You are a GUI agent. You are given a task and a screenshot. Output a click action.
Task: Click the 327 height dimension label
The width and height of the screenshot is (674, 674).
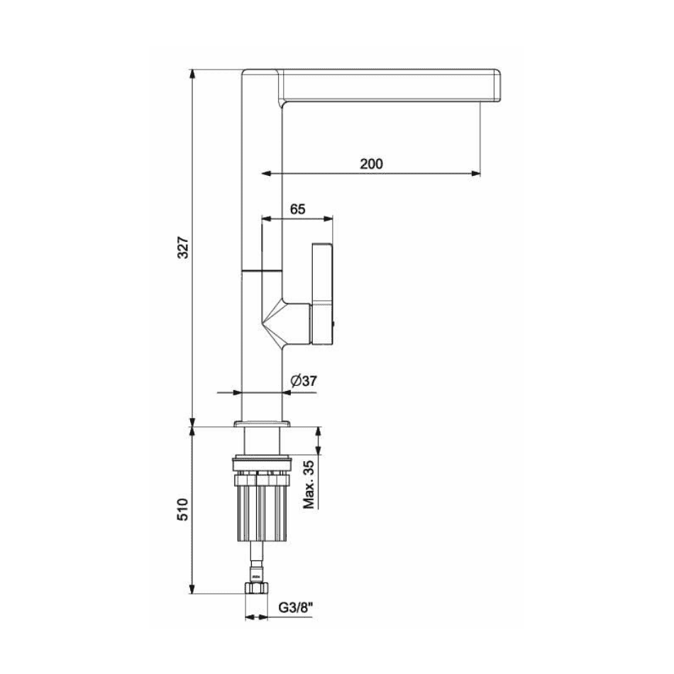[184, 247]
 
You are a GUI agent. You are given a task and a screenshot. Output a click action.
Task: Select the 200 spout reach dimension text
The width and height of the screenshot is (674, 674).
[371, 164]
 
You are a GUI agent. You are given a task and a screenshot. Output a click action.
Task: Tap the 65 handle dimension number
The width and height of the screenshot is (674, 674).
[297, 209]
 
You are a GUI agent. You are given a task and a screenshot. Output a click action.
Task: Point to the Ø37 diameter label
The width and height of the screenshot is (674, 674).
[304, 381]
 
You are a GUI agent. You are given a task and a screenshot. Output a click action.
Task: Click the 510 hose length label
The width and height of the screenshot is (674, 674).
[184, 510]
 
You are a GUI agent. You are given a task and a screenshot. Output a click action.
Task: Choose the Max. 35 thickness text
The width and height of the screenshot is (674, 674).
[309, 485]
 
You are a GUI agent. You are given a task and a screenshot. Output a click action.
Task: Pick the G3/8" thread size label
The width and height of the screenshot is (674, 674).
[296, 608]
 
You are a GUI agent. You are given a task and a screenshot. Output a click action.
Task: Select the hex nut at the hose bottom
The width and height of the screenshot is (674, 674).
[256, 588]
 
